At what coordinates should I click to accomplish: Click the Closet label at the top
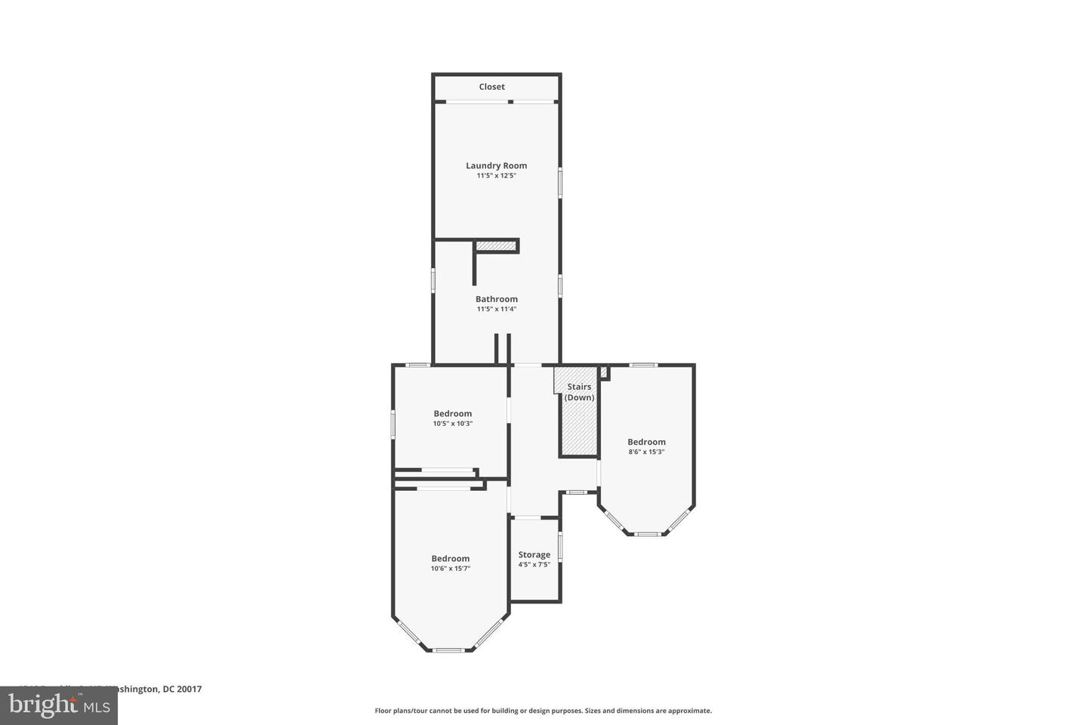pyautogui.click(x=491, y=87)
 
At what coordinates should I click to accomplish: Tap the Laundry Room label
pyautogui.click(x=496, y=165)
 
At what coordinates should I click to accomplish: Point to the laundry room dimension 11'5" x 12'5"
pyautogui.click(x=496, y=176)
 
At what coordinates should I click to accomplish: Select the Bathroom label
pyautogui.click(x=496, y=299)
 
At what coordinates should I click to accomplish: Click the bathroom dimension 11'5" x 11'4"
pyautogui.click(x=496, y=309)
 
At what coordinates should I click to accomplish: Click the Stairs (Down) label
pyautogui.click(x=579, y=392)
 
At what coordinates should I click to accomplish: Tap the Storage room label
pyautogui.click(x=534, y=554)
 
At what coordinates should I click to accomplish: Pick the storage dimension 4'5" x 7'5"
pyautogui.click(x=534, y=565)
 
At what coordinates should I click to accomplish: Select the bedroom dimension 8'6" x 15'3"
pyautogui.click(x=646, y=452)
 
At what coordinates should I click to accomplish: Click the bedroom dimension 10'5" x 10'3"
pyautogui.click(x=452, y=424)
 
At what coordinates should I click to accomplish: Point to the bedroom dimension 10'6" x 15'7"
pyautogui.click(x=450, y=569)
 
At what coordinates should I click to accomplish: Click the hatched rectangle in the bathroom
pyautogui.click(x=496, y=246)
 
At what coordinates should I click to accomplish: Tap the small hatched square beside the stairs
pyautogui.click(x=604, y=372)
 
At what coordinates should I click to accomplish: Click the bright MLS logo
pyautogui.click(x=58, y=705)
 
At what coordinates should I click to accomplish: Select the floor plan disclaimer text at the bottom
pyautogui.click(x=543, y=711)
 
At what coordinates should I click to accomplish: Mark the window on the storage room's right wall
pyautogui.click(x=559, y=547)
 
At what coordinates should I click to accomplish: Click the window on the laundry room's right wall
pyautogui.click(x=559, y=182)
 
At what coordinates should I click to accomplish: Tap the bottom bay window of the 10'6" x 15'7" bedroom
pyautogui.click(x=448, y=649)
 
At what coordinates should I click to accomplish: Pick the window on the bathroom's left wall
pyautogui.click(x=433, y=279)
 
